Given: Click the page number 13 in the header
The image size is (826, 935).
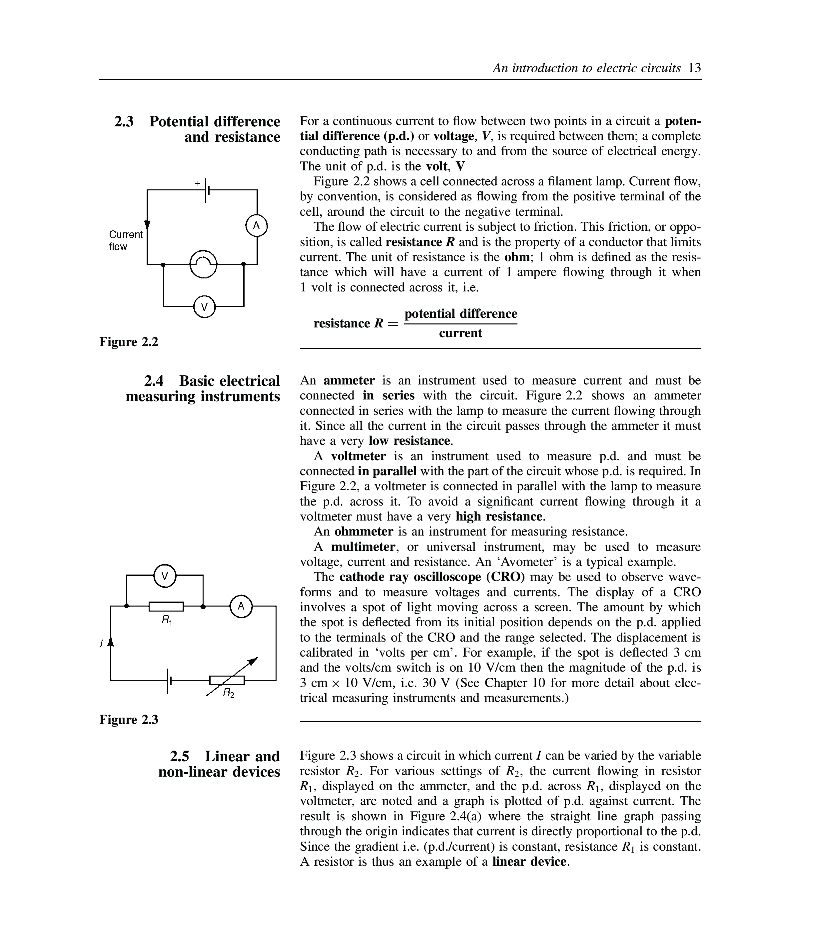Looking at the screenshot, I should tap(694, 68).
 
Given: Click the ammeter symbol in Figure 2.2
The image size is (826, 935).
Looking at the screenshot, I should tap(257, 225).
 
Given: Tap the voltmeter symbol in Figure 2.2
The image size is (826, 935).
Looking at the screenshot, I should tap(204, 306).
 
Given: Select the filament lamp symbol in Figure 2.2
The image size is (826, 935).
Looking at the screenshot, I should tap(203, 264).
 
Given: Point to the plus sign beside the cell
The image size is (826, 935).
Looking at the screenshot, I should tap(198, 183).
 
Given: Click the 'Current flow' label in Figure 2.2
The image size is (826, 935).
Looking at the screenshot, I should tap(125, 240).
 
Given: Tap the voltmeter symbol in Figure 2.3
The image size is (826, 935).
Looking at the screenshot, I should tap(165, 576).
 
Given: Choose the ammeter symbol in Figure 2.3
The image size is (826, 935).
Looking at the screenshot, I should tap(241, 606).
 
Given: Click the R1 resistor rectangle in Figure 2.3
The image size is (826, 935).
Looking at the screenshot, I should tap(166, 607).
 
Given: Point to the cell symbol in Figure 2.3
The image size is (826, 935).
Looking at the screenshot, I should tap(169, 680).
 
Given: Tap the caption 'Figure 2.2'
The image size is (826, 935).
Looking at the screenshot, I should tap(129, 342).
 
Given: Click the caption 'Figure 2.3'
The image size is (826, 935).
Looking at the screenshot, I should tap(129, 720).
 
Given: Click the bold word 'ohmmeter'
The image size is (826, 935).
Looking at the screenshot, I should tap(364, 531).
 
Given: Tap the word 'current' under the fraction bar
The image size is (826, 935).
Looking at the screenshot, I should tap(460, 333).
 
